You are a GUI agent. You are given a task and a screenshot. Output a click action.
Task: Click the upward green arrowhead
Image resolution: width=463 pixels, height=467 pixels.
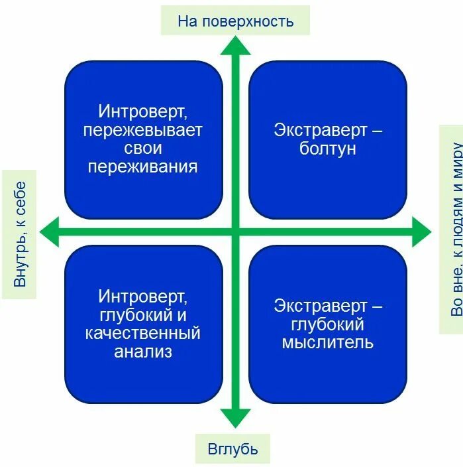(x=235, y=45)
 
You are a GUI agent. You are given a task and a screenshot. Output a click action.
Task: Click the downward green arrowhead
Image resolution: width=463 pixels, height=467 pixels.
(x=235, y=419)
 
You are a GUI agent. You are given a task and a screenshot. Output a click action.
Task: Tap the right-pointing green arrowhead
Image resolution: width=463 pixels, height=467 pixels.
(x=421, y=232)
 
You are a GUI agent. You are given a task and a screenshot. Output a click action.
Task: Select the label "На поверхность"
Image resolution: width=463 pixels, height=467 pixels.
(x=235, y=21)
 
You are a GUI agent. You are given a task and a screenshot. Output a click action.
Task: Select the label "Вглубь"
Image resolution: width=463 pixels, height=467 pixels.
(x=232, y=449)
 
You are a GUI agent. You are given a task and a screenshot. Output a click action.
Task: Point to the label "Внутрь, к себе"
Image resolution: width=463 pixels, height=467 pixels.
(x=20, y=233)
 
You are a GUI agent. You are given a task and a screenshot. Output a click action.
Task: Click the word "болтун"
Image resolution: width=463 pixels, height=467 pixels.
(x=327, y=148)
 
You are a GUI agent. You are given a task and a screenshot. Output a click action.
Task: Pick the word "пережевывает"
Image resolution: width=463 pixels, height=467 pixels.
(x=143, y=130)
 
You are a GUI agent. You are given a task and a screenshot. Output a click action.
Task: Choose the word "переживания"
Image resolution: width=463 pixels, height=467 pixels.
(x=143, y=166)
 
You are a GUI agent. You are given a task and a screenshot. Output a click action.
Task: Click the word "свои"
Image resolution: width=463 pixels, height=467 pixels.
(x=143, y=148)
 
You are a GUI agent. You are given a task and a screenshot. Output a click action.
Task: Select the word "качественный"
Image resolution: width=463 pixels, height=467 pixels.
(x=143, y=333)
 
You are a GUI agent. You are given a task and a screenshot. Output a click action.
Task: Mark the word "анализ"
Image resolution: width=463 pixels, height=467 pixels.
(x=143, y=352)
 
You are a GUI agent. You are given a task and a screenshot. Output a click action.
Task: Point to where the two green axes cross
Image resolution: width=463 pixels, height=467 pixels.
(x=235, y=232)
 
